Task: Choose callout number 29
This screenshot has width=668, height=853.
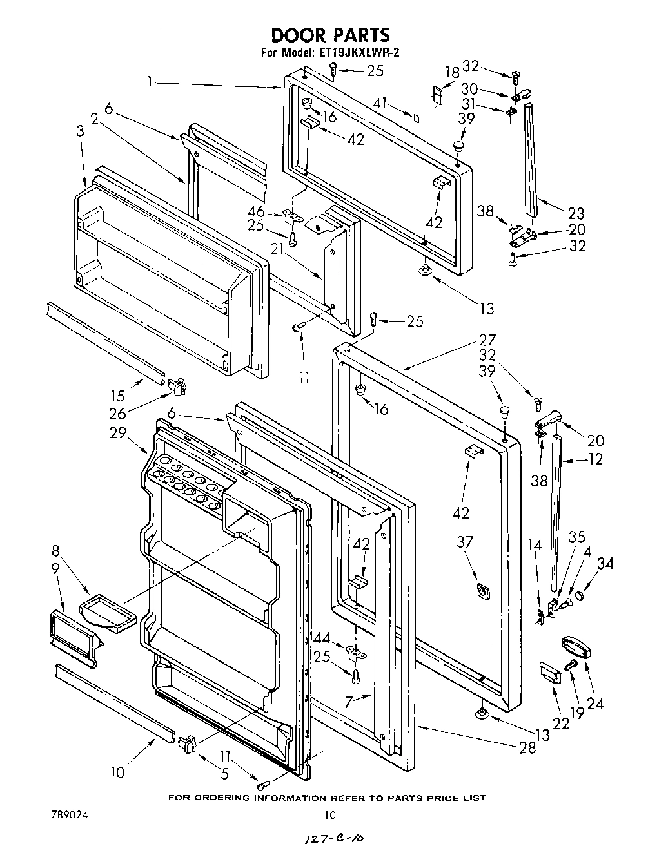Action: point(118,433)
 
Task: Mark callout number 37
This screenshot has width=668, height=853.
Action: point(464,542)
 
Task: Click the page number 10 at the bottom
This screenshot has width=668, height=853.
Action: point(329,815)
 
